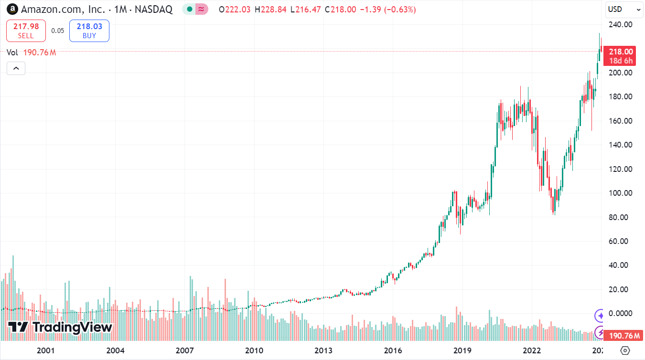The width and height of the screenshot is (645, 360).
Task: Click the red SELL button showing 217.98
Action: click(26, 31)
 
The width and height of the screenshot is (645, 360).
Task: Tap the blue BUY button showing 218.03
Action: click(89, 31)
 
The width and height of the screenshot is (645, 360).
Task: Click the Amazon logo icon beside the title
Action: click(12, 9)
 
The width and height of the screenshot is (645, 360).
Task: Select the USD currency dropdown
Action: click(624, 10)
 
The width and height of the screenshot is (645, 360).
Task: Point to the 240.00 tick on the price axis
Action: click(621, 24)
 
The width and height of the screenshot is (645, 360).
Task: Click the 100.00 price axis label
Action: click(621, 193)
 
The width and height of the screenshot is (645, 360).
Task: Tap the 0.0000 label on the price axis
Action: click(621, 313)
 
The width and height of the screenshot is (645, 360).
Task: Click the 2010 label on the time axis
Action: click(254, 350)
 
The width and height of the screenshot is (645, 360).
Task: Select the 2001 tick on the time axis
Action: click(45, 350)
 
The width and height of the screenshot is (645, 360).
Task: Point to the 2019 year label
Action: click(462, 350)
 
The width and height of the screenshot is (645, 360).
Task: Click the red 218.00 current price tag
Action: click(620, 56)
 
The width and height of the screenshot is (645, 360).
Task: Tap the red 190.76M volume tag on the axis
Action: click(623, 336)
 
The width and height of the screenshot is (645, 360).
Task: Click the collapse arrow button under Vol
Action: click(16, 68)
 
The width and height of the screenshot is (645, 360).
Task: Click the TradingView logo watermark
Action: click(60, 327)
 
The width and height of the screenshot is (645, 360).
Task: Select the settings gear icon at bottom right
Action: click(625, 350)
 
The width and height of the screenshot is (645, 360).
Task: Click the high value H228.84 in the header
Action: click(270, 10)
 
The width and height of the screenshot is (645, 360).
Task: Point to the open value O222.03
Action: click(235, 10)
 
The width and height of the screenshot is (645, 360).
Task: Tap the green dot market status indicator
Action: click(190, 10)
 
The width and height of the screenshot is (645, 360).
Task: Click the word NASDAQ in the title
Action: click(153, 10)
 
